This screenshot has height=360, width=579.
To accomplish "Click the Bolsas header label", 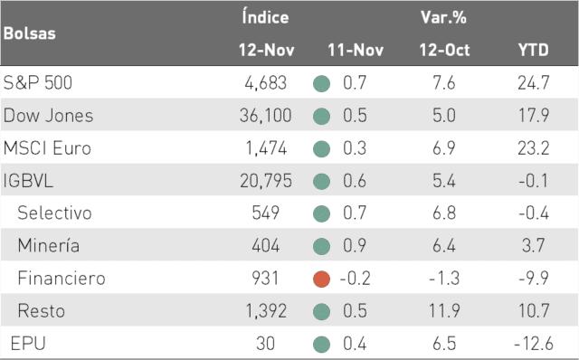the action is [x=30, y=33].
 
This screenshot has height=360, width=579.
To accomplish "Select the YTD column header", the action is [x=533, y=50].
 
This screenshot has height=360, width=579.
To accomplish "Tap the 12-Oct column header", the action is [x=444, y=50].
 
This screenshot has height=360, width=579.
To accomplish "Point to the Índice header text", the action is [x=265, y=17].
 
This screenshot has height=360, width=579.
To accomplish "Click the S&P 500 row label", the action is [x=38, y=82].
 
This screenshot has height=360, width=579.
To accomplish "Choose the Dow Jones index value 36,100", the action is [x=265, y=116].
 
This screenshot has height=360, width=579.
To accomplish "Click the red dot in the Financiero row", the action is [x=321, y=279].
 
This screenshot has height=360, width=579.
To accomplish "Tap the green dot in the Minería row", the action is [x=321, y=246].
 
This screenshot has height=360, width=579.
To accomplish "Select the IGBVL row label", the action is [x=28, y=181].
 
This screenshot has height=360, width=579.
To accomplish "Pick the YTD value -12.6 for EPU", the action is [x=534, y=344].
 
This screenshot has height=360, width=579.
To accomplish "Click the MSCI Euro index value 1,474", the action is [x=266, y=148].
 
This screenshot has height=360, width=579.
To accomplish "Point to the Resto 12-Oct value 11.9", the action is [x=444, y=311].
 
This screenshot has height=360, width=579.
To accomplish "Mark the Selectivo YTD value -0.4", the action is [x=534, y=213].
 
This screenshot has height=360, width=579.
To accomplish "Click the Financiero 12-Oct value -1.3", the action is [x=444, y=279].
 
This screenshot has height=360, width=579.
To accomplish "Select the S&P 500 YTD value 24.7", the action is [x=534, y=82].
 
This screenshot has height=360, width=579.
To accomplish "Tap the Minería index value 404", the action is [x=265, y=246].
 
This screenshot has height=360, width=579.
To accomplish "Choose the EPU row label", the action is [x=28, y=344].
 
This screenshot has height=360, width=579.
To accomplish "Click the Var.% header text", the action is [x=443, y=17].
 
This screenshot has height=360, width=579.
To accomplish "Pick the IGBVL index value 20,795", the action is [x=266, y=181].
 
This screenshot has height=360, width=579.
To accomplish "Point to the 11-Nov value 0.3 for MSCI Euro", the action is [x=355, y=148].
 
